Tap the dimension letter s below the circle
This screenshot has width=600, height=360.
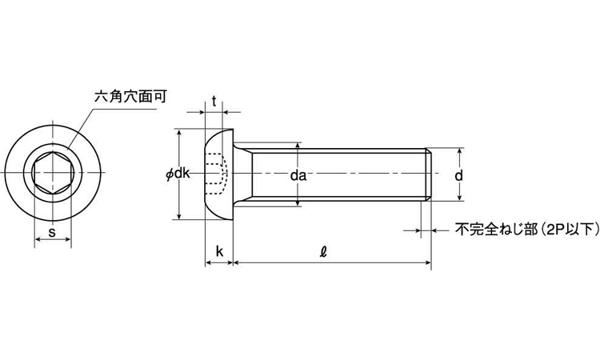point(52,233)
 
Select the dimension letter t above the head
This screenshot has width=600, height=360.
point(214,101)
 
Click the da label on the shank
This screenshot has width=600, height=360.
point(298,174)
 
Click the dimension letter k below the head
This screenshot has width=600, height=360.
point(219,253)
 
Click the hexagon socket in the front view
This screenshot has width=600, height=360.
point(53,173)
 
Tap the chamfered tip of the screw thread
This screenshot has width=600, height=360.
point(430,174)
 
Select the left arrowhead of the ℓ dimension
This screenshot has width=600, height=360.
point(238,262)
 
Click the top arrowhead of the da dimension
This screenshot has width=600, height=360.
point(298,148)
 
